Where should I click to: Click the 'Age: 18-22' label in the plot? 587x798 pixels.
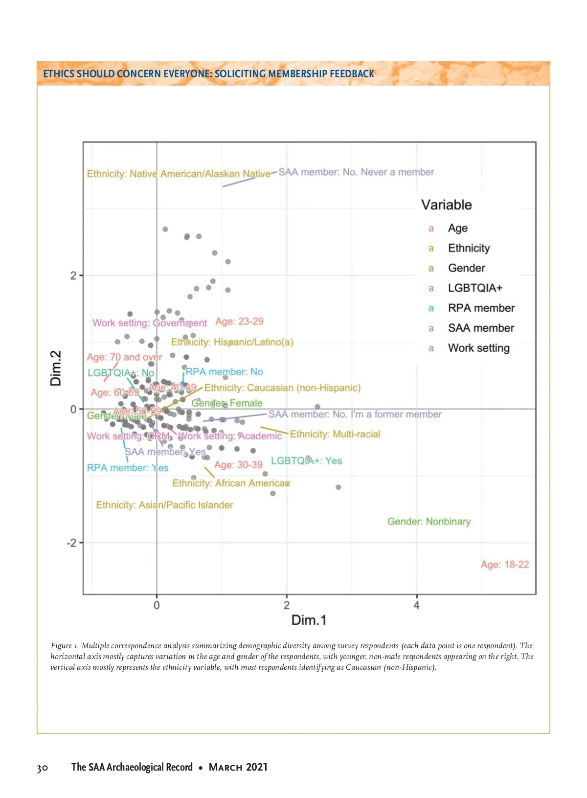point(505,565)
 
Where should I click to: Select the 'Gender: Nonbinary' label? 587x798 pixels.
point(429,522)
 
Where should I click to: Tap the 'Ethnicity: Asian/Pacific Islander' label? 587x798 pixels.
point(164,505)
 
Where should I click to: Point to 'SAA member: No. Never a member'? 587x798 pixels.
point(356,172)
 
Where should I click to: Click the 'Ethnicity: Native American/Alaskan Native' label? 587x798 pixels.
point(178,174)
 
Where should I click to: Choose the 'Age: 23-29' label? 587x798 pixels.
point(239,321)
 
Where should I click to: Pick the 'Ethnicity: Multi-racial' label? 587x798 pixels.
point(335,434)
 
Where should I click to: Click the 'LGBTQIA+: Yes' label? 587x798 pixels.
point(306,461)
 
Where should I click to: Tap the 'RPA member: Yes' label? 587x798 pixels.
point(127,468)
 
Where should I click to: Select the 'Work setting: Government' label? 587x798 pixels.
point(150,323)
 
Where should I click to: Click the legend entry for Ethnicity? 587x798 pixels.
point(469,248)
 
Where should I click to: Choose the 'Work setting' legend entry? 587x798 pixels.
point(478,348)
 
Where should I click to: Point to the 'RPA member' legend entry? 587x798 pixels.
point(481,308)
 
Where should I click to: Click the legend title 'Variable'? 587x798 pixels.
point(447,205)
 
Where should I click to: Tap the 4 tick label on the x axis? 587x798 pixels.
point(416,605)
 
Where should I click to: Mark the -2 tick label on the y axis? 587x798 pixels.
point(71,543)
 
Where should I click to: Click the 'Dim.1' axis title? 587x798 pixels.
point(309,620)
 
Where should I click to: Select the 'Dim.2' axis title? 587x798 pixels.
point(56,368)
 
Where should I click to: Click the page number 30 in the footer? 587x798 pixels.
point(43,768)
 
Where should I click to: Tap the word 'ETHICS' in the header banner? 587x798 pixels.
point(58,74)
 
